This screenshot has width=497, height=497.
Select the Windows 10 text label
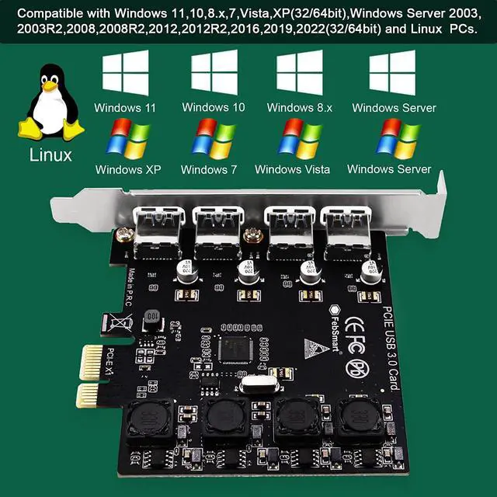(214, 108)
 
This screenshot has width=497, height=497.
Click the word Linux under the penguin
(50, 155)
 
